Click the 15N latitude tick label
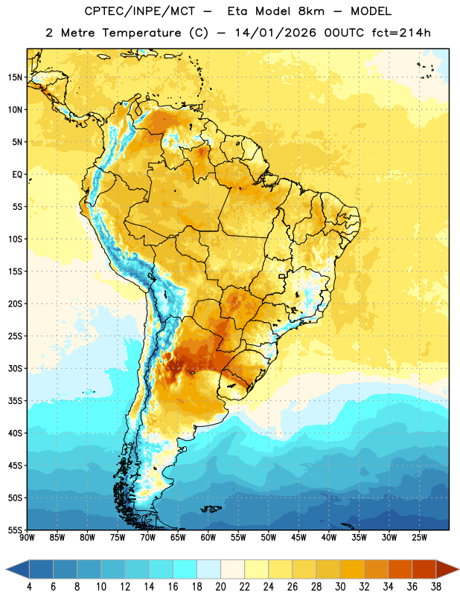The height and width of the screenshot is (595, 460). click(x=15, y=77)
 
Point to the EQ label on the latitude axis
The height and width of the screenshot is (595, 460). click(x=17, y=175)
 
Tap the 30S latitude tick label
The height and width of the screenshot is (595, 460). click(x=15, y=368)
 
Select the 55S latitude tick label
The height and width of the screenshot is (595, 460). click(x=15, y=530)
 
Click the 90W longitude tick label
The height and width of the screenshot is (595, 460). click(x=28, y=537)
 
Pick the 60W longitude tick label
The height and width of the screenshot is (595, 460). click(x=208, y=537)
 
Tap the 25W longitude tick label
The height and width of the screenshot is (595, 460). click(x=419, y=537)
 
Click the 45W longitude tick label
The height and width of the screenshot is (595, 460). click(x=298, y=537)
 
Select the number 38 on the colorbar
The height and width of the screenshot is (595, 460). click(x=436, y=587)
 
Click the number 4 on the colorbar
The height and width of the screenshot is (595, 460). click(x=29, y=587)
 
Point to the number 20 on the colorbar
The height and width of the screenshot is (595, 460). click(x=220, y=587)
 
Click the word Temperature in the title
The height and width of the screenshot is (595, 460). click(x=141, y=33)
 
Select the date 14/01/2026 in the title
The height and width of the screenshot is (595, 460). click(x=275, y=33)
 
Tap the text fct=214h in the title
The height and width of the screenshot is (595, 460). click(x=401, y=33)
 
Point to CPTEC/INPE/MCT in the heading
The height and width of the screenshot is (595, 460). click(x=139, y=11)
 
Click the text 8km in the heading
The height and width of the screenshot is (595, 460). click(x=311, y=11)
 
